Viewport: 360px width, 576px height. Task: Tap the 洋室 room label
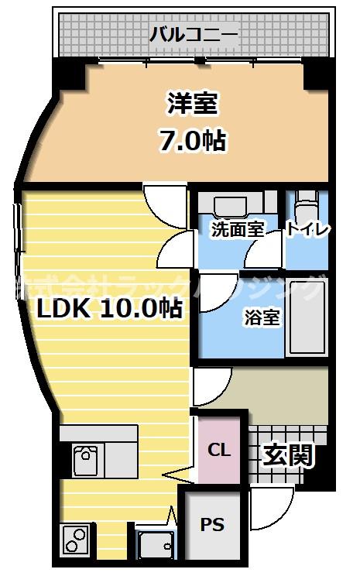click(193, 103)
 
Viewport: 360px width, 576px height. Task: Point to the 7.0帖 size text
click(193, 140)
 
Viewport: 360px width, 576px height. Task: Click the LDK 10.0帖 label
click(111, 308)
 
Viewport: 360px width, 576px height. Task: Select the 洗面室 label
click(237, 228)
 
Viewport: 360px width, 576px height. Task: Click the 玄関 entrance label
click(288, 455)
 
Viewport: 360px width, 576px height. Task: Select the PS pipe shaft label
click(213, 525)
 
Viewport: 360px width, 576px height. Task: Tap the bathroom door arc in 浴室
click(214, 293)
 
